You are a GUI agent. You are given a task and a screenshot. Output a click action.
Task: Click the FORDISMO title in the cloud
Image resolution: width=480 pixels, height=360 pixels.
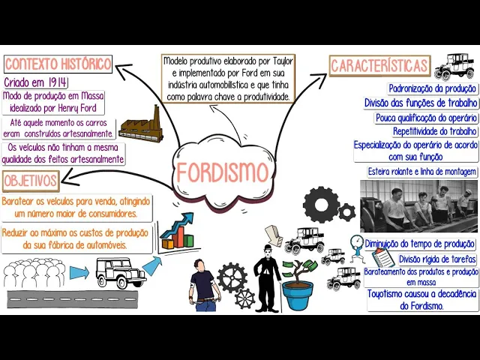coord(223,173)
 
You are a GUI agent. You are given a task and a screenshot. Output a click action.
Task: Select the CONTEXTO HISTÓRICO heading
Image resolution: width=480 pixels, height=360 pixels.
coord(58,64)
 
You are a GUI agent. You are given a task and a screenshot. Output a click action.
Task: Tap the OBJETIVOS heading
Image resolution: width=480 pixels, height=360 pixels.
coord(31,181)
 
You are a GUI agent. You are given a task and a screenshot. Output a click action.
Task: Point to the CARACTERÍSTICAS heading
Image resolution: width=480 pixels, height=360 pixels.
coord(379,66)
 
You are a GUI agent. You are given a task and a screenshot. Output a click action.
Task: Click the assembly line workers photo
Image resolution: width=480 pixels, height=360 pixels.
coord(418,205)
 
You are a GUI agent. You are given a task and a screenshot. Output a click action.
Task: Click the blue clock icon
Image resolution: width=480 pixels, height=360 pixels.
coord(357,242)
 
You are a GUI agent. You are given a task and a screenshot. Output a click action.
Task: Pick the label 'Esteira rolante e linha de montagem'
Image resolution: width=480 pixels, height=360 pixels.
coord(422,172)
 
